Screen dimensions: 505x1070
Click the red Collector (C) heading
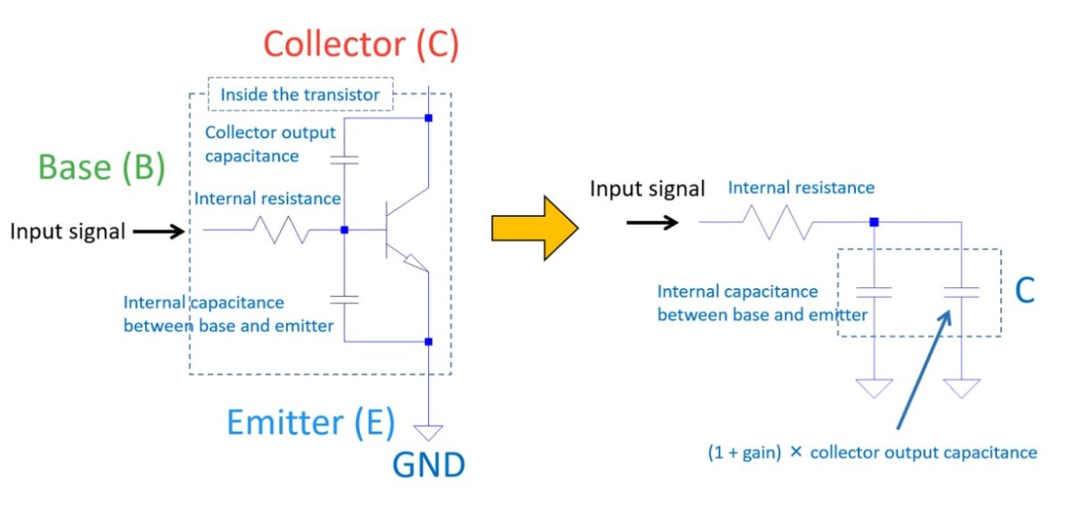click(361, 45)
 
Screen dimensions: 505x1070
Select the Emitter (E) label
click(310, 422)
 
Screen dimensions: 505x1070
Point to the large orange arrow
click(534, 229)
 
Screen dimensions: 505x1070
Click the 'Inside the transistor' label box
click(300, 94)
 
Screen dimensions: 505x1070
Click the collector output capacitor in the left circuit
click(344, 161)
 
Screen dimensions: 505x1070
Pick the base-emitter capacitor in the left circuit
click(344, 299)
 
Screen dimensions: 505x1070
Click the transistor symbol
click(401, 230)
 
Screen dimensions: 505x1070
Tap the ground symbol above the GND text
click(429, 433)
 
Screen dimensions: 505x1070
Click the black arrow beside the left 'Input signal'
click(158, 232)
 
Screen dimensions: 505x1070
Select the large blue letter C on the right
click(1025, 291)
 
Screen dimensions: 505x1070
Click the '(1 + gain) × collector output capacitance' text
click(870, 452)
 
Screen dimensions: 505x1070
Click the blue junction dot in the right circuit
click(875, 222)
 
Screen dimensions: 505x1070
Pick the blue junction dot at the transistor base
click(344, 230)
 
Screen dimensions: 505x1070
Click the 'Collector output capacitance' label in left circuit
click(270, 144)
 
